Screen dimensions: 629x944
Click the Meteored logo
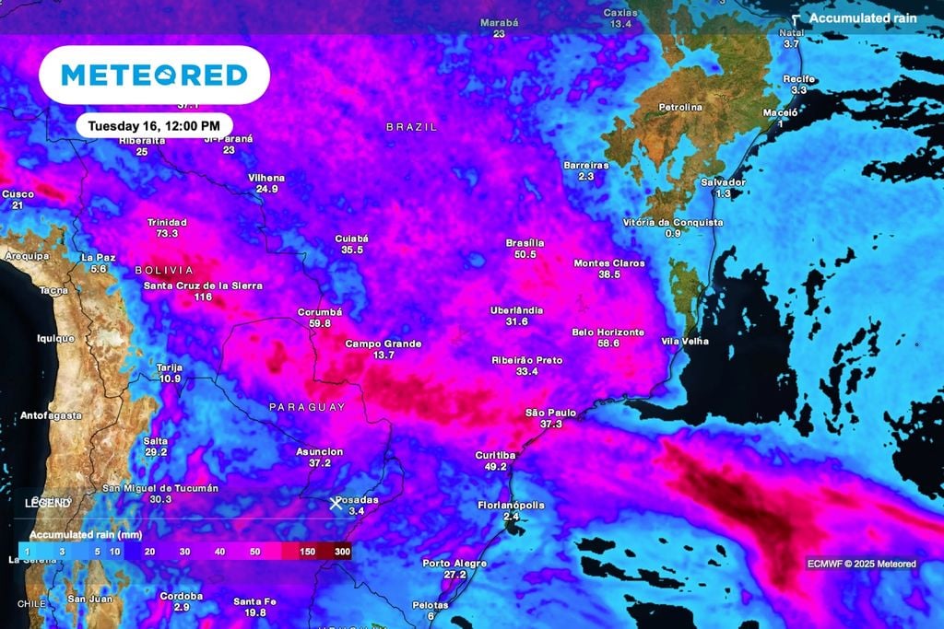pos(154,75)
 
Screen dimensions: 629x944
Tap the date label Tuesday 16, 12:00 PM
pos(153,125)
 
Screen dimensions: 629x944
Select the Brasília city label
pos(525,243)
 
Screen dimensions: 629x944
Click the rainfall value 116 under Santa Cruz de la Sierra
pos(203,297)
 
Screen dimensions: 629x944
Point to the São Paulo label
pos(550,413)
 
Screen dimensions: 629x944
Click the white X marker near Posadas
pos(336,503)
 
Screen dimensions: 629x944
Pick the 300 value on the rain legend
pos(342,551)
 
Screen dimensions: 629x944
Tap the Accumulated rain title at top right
pos(863,18)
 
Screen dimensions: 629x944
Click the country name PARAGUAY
pos(307,407)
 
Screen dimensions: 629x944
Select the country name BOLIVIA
pos(164,271)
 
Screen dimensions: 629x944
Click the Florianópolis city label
pos(511,506)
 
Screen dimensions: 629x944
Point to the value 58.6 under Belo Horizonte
pos(608,344)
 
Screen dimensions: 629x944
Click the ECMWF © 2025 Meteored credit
pos(862,564)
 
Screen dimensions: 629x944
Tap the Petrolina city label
pos(680,108)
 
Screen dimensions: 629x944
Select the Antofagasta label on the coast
pos(52,416)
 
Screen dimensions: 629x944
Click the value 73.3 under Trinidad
pos(167,234)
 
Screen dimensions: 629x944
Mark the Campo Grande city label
pos(383,344)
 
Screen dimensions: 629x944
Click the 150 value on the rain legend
pos(308,551)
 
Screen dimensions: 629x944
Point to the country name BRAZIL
pos(411,127)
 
